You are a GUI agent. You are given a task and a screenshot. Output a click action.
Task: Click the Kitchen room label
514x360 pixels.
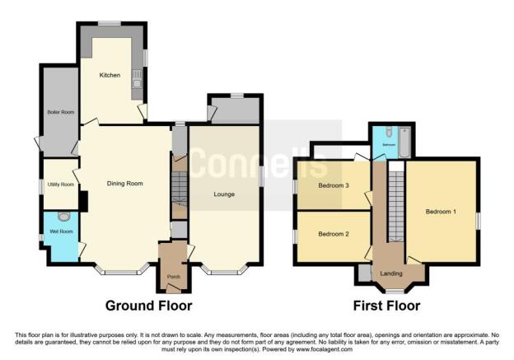[x=110, y=76]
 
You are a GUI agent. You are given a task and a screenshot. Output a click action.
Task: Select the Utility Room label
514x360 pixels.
[x=61, y=185]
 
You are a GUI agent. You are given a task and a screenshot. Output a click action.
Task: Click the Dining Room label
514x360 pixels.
[x=125, y=183]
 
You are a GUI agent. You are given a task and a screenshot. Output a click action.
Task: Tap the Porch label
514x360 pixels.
[x=173, y=275]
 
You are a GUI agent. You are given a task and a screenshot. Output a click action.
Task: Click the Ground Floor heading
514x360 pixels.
[x=148, y=306]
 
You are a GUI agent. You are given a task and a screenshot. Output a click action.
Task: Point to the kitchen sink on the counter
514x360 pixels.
[x=137, y=80]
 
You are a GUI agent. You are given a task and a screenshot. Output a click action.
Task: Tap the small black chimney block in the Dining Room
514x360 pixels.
[x=83, y=200]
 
